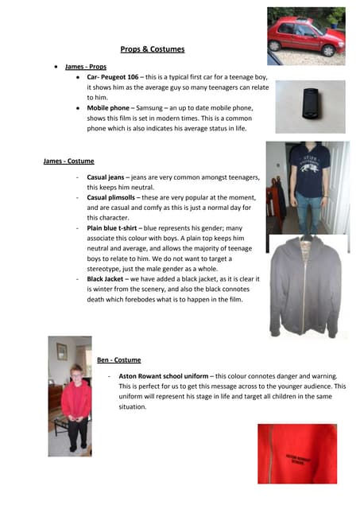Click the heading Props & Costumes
(x=152, y=49)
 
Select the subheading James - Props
(x=85, y=68)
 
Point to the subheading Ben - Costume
(x=118, y=359)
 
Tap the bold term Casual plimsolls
(x=114, y=196)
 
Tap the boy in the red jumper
(x=75, y=402)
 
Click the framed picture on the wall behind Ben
(x=61, y=351)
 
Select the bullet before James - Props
(x=56, y=68)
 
